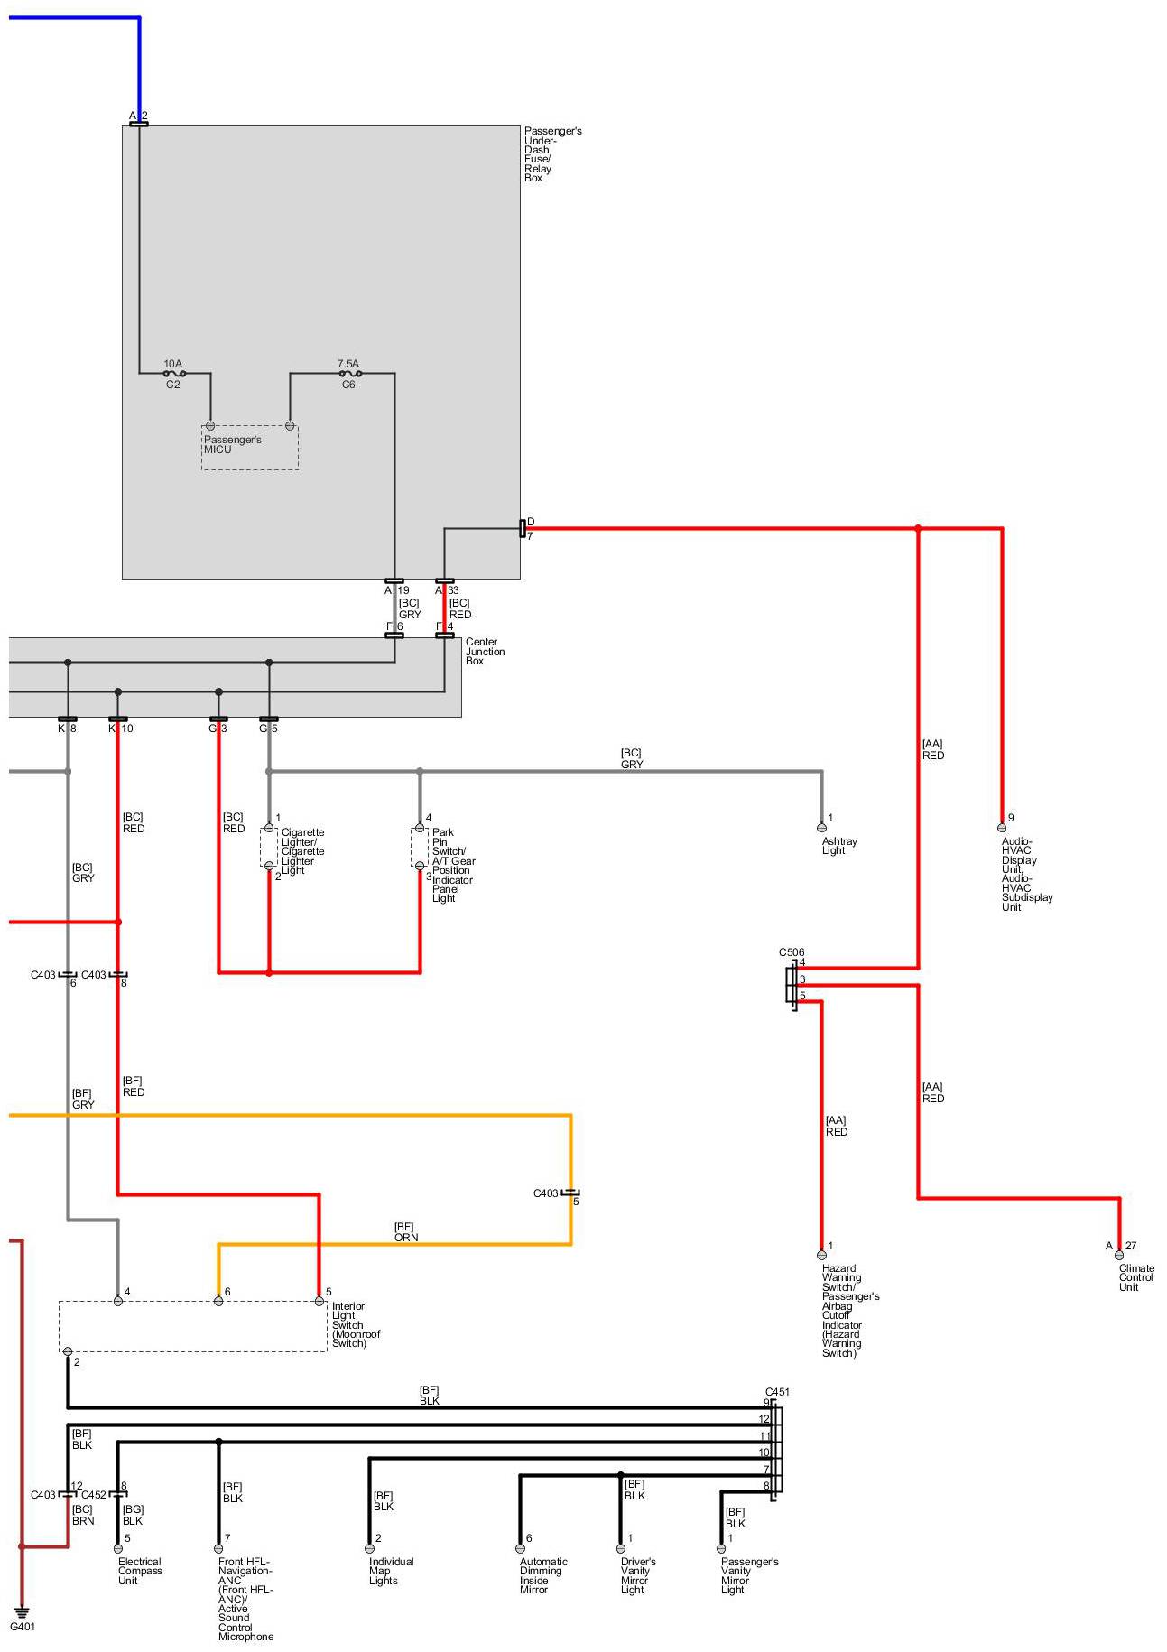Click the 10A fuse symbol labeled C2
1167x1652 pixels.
coord(174,373)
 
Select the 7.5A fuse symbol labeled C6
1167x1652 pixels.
coord(350,373)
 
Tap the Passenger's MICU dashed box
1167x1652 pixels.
coord(249,447)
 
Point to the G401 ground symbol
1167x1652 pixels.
coord(22,1611)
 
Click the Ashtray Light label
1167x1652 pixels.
coord(839,846)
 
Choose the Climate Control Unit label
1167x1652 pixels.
coord(1135,1277)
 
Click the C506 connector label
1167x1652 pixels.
coord(792,952)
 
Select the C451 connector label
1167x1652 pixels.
coord(777,1392)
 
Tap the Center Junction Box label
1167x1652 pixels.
coord(485,652)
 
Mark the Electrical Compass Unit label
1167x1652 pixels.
coord(140,1571)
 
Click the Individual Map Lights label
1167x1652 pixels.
coord(391,1571)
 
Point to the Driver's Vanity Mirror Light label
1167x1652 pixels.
coord(637,1575)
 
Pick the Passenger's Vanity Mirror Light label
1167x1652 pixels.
coord(748,1575)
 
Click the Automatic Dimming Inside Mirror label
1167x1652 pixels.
coord(543,1575)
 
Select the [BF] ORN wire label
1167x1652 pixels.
coord(405,1232)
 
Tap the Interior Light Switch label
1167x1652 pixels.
coord(356,1324)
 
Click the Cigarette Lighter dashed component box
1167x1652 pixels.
coord(269,847)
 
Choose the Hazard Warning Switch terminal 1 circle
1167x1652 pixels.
coord(821,1255)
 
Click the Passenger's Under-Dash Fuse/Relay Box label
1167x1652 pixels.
coord(551,154)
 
